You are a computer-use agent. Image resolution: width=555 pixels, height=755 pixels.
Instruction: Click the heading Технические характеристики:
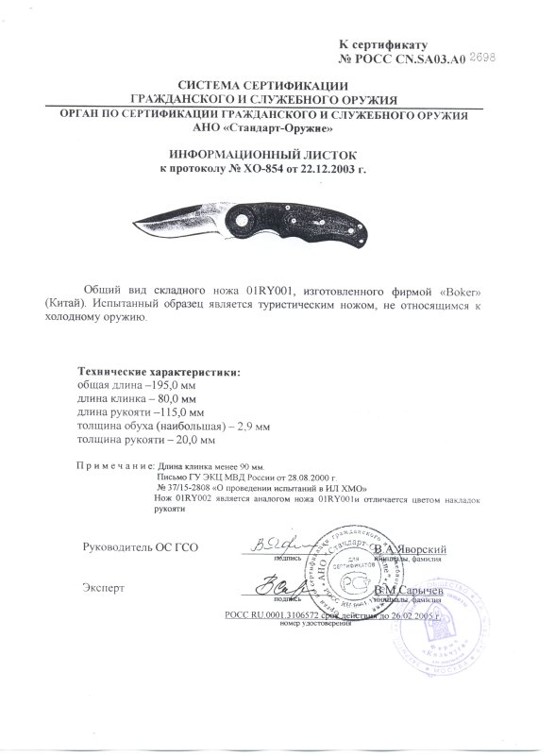point(158,371)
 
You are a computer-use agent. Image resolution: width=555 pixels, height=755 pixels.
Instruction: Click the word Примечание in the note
point(112,466)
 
